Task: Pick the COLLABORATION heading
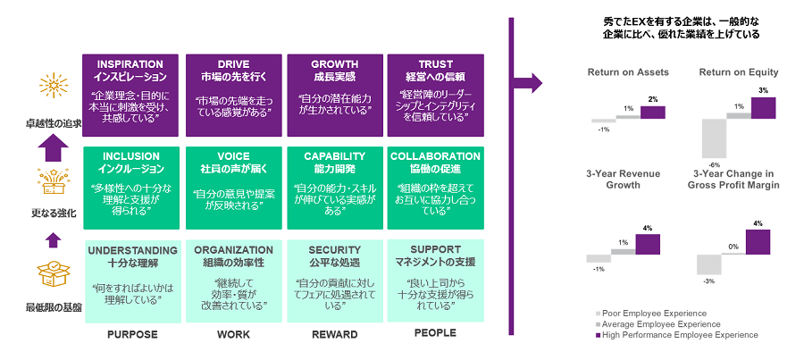coord(434,156)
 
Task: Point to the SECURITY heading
coord(334,249)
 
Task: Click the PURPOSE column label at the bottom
coord(131,334)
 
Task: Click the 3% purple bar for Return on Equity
coord(763,107)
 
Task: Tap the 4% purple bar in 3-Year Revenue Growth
coord(647,243)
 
